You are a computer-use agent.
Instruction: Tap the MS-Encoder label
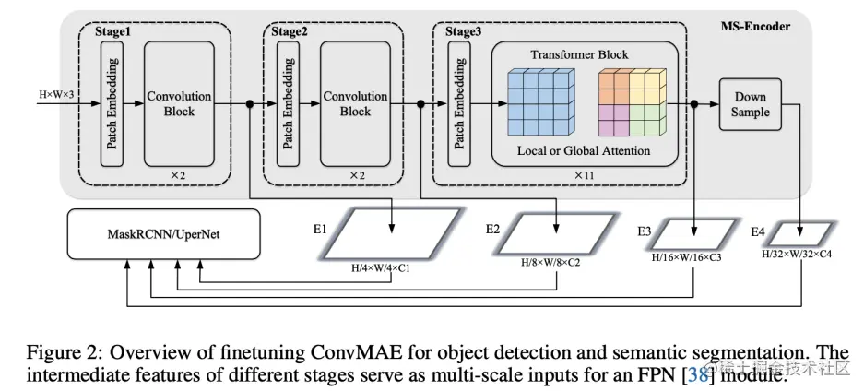pyautogui.click(x=759, y=27)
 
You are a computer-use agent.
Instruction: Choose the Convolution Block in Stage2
pyautogui.click(x=355, y=103)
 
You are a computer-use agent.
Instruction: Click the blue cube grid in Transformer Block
pyautogui.click(x=540, y=102)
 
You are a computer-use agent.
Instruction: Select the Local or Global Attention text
pyautogui.click(x=585, y=150)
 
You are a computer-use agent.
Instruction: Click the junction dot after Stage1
pyautogui.click(x=250, y=104)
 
